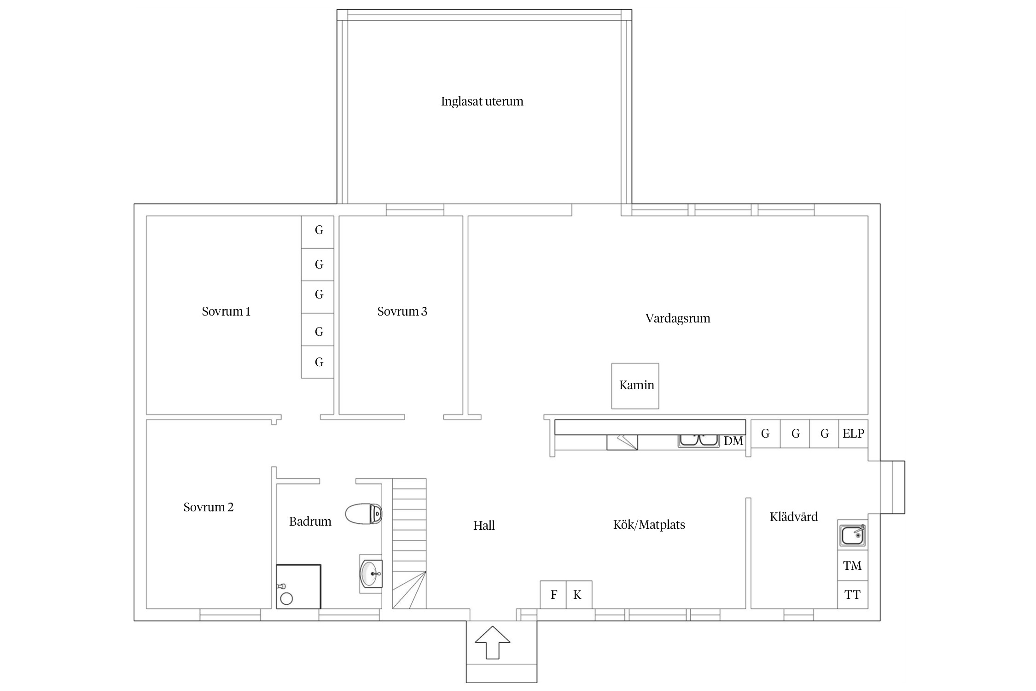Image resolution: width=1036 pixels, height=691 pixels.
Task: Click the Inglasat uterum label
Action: point(482,101)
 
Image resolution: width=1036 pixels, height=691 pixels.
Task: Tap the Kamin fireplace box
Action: point(635,386)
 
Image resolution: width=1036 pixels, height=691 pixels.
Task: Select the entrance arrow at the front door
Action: point(493,642)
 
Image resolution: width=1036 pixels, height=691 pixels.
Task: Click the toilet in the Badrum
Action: point(364,514)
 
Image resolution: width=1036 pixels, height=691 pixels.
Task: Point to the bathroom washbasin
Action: point(371,574)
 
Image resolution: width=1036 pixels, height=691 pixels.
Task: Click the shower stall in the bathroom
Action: point(298,586)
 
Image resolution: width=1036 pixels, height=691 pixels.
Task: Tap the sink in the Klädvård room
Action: point(853,535)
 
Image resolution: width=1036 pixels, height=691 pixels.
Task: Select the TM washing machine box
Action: point(852,565)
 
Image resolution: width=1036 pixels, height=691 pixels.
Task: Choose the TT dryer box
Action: point(852,595)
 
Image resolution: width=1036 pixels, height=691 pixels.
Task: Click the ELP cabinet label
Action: point(853,433)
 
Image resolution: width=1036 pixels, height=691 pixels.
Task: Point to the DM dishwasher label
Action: point(733,441)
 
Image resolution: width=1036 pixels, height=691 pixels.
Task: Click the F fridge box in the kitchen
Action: point(553,595)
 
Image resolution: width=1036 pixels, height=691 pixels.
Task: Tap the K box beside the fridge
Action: point(579,595)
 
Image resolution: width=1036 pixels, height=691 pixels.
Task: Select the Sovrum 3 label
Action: point(402,311)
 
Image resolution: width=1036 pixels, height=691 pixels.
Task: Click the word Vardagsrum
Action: point(678,318)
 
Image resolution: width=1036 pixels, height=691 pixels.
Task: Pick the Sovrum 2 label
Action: point(208,507)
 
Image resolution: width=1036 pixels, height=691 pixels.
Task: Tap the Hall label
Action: point(484,526)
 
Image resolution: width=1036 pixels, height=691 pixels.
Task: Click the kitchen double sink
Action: point(698,441)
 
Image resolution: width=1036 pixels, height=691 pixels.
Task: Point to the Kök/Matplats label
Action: point(649,525)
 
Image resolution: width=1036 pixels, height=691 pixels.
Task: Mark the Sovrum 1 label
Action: point(226,311)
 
